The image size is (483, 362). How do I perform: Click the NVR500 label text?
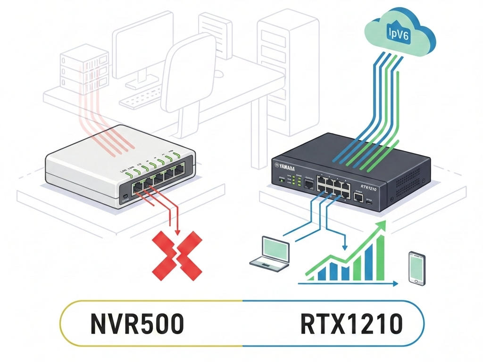136,325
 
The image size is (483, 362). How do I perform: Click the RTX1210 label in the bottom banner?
351,325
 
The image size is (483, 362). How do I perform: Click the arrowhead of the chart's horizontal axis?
395,283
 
